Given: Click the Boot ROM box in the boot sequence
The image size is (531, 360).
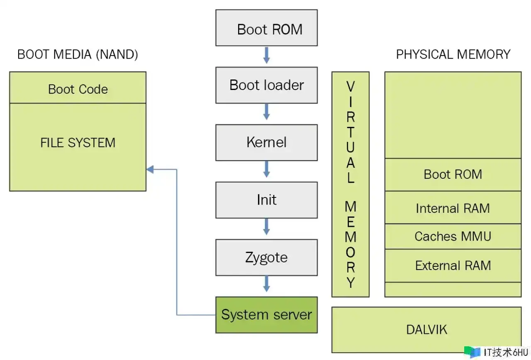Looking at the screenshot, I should pos(266,28).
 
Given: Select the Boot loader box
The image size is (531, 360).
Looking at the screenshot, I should pos(266,85).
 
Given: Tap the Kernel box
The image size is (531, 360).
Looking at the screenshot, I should pos(266,142).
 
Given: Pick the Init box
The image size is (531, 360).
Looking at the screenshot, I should pos(266,199).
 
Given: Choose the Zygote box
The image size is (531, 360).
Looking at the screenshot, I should pos(266,257).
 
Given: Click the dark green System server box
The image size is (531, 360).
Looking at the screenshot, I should pos(266,314).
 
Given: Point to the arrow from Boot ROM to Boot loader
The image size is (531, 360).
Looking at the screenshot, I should pos(266,56).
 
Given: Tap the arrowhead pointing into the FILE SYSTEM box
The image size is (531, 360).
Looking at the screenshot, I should pos(150,169).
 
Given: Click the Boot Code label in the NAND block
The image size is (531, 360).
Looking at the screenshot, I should pos(78,89).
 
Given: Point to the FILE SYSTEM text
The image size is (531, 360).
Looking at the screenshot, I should pos(78,143).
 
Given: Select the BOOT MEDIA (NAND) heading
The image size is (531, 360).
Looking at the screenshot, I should pos(78,54).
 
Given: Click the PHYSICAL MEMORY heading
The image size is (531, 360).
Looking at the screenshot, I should pos(453,54).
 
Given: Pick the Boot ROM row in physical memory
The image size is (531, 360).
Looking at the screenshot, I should pos(453,174).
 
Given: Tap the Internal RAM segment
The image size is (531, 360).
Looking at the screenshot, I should pos(453,208).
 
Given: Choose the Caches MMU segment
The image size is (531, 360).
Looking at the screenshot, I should pos(453,236).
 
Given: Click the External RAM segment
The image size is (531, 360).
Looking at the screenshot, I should pos(453,265).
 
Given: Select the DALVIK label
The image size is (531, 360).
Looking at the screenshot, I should pos(426,330).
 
